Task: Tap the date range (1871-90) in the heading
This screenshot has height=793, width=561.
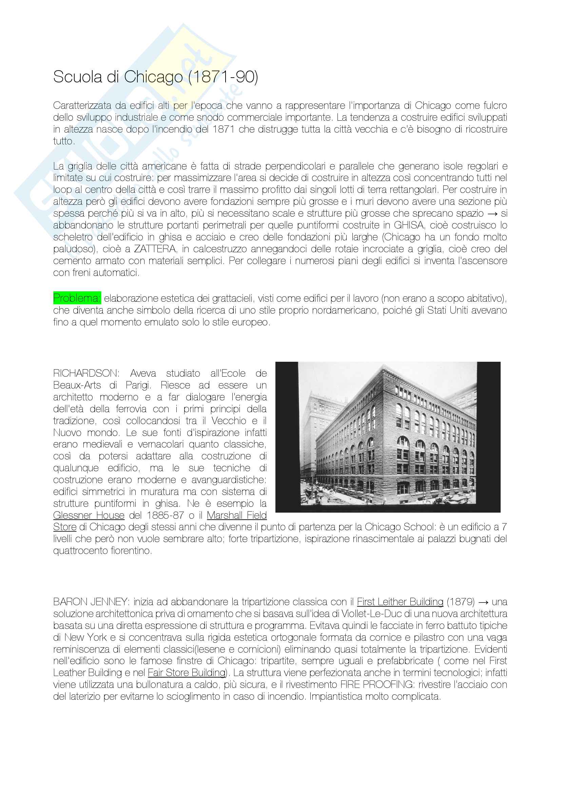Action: tap(223, 77)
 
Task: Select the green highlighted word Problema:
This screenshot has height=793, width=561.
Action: tap(77, 298)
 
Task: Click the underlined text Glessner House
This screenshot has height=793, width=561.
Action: tap(89, 515)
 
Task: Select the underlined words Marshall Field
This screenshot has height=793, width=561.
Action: tap(237, 515)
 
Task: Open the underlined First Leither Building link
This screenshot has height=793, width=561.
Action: tap(400, 602)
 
